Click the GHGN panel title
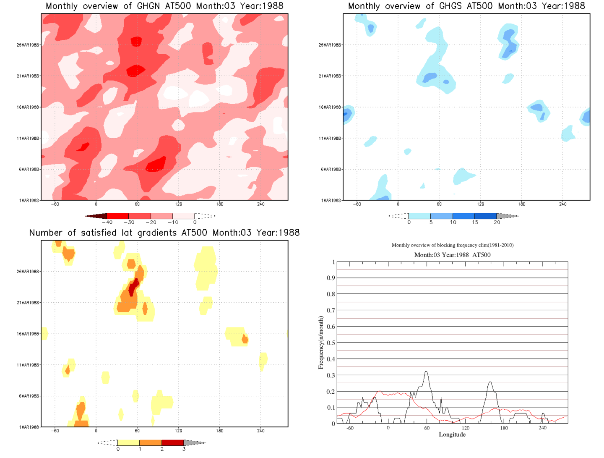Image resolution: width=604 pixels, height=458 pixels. (164, 6)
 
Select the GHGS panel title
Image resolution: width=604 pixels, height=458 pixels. (466, 6)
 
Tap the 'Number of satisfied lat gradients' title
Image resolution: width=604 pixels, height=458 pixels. (164, 233)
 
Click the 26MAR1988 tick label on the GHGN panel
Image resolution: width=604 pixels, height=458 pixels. (28, 45)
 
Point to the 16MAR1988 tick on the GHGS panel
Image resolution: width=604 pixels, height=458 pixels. (330, 107)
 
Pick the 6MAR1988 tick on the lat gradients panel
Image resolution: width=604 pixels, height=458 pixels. (29, 396)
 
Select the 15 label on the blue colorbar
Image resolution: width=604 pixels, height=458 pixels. (475, 222)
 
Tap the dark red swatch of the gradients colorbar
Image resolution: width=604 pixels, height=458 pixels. (173, 443)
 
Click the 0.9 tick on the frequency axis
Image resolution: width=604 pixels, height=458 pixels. (331, 278)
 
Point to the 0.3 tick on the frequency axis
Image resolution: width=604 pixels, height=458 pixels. (331, 375)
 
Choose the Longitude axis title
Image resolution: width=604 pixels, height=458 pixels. (452, 434)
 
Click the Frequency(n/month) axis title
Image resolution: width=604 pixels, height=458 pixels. (321, 343)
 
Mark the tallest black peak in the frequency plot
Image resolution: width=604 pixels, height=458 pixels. (427, 372)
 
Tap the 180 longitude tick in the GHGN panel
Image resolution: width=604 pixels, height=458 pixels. (220, 204)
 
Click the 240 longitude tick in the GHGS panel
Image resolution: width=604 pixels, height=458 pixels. (563, 204)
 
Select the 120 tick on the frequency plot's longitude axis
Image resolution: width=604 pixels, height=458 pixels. (466, 428)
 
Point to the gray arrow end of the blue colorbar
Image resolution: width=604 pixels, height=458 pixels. (508, 216)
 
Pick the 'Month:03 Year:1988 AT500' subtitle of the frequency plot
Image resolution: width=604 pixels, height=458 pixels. (452, 255)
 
